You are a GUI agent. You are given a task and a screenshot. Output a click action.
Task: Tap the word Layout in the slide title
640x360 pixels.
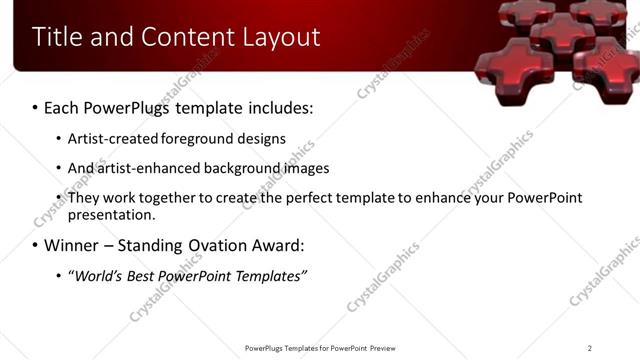pyautogui.click(x=281, y=37)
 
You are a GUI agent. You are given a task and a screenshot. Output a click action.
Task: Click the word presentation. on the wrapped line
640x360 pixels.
pyautogui.click(x=112, y=215)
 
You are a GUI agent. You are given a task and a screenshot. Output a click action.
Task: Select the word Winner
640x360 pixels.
pyautogui.click(x=74, y=245)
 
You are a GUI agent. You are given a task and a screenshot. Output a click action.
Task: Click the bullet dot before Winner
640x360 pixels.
pyautogui.click(x=35, y=246)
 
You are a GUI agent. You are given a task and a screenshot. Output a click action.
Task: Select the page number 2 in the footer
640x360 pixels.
pyautogui.click(x=590, y=348)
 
